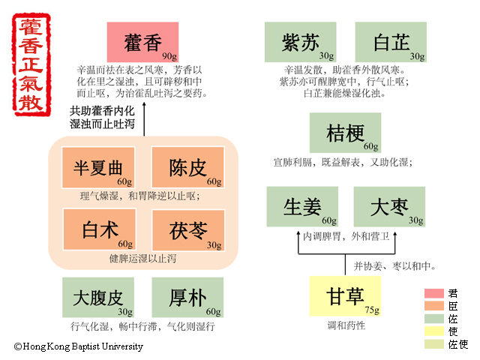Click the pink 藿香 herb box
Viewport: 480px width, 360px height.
tap(142, 42)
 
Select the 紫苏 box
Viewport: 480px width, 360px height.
tap(300, 42)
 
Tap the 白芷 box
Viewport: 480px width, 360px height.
tap(390, 42)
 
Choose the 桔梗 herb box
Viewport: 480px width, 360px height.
tap(345, 133)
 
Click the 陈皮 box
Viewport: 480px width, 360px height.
tap(187, 167)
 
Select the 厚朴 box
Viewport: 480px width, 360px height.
tap(187, 297)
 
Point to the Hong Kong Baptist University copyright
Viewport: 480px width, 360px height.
tap(78, 346)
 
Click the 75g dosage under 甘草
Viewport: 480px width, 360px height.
tap(371, 308)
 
